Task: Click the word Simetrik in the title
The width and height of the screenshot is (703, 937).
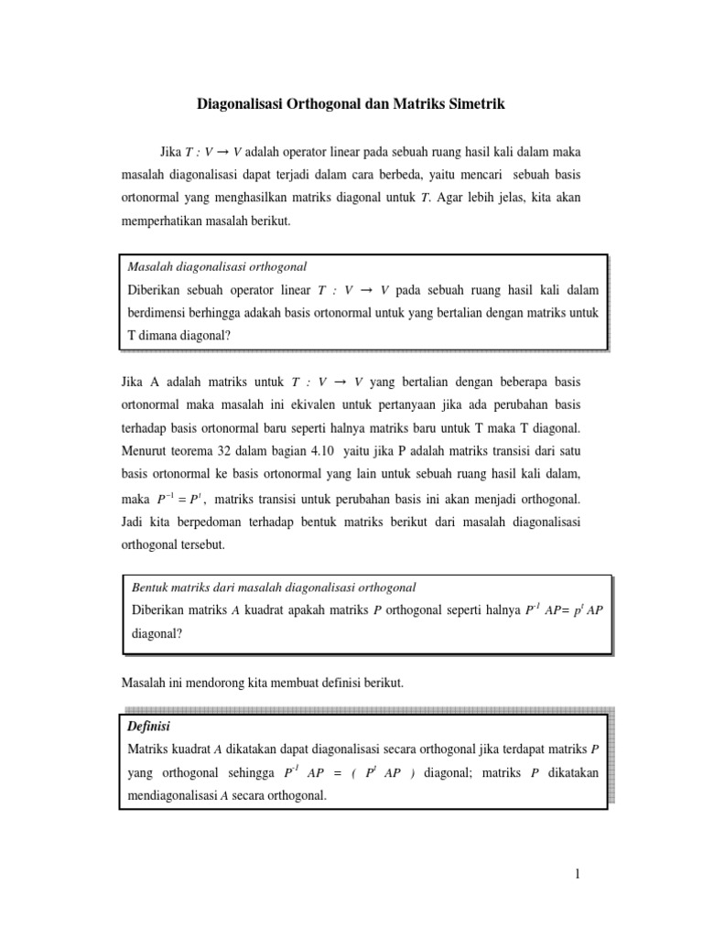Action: (x=475, y=105)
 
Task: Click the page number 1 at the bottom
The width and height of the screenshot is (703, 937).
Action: (x=578, y=873)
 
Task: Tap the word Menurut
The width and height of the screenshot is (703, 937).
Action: (x=145, y=451)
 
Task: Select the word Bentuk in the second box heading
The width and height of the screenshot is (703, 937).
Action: (x=151, y=587)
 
